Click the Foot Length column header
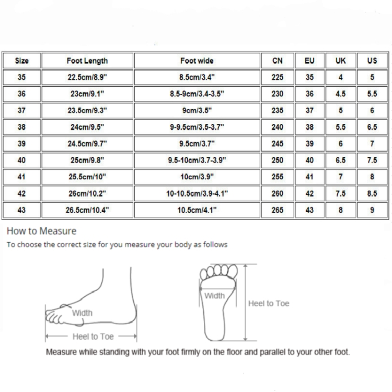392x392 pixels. point(87,61)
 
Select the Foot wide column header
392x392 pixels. point(197,61)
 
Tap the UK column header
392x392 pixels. point(340,61)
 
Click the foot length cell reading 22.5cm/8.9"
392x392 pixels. point(87,77)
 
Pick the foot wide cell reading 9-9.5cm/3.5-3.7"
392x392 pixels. point(197,127)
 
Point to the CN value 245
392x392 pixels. point(278,144)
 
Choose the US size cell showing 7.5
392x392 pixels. point(372,160)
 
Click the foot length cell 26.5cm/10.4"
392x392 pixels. point(87,210)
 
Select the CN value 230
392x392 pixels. point(278,94)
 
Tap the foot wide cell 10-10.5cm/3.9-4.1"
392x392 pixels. point(197,193)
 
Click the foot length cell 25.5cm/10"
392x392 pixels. point(87,177)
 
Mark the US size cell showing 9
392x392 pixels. point(372,210)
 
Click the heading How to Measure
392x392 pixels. point(41,231)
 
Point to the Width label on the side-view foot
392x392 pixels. point(82,313)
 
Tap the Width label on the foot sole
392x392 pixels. point(214,296)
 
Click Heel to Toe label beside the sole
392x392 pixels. point(269,304)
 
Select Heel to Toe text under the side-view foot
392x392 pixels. point(93,337)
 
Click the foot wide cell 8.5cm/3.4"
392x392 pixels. point(197,77)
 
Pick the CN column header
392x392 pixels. point(278,61)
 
